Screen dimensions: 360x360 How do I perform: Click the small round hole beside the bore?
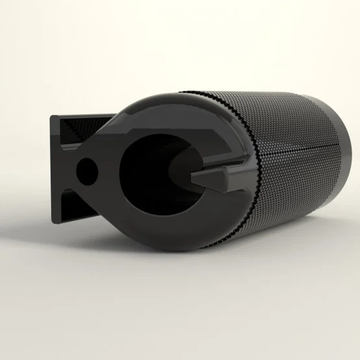(x=86, y=170)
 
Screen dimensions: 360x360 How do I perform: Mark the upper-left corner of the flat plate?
(x=51, y=117)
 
